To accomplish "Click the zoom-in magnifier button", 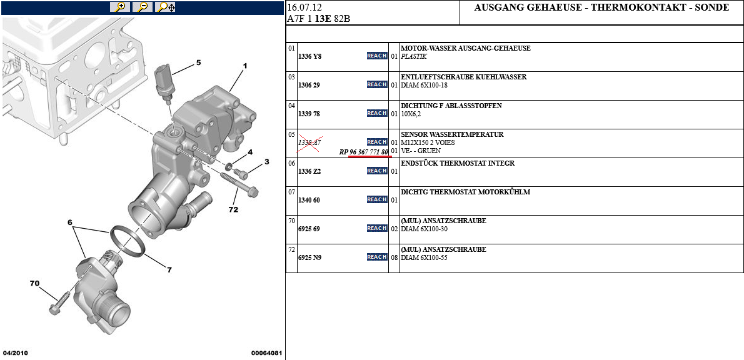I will [119, 7].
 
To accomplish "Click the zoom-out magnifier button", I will [143, 7].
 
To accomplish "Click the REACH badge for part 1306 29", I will [377, 84].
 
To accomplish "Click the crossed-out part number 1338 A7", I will [309, 142].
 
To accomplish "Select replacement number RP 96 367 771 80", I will [363, 151].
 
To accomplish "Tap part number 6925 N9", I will [309, 257].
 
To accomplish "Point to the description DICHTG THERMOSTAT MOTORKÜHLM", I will [465, 192].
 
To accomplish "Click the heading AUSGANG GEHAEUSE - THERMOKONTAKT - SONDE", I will [601, 7].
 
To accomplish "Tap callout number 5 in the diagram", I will [198, 62].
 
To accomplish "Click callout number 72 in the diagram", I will [233, 209].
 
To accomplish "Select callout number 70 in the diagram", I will [34, 284].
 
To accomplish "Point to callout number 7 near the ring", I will [169, 270].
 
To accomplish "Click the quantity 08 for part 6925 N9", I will [394, 257].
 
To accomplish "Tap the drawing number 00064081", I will [267, 353].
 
